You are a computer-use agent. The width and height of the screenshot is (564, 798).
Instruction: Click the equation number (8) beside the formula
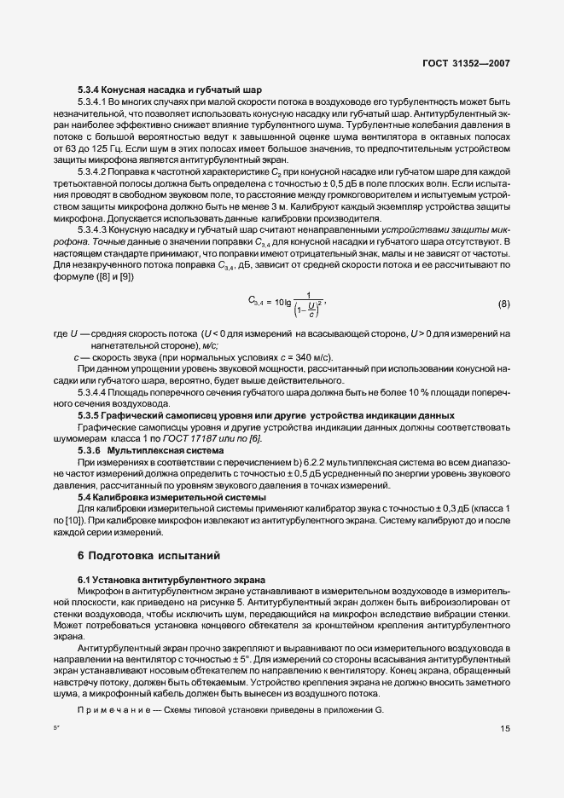504,304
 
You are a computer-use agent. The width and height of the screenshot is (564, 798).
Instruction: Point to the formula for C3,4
288,303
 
